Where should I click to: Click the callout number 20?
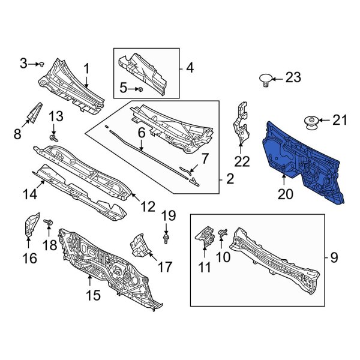click(287, 193)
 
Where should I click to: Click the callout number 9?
click(334, 258)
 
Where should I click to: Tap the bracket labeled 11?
click(205, 235)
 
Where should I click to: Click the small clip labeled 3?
click(43, 63)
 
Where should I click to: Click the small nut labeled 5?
click(139, 89)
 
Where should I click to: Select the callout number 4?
click(190, 68)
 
